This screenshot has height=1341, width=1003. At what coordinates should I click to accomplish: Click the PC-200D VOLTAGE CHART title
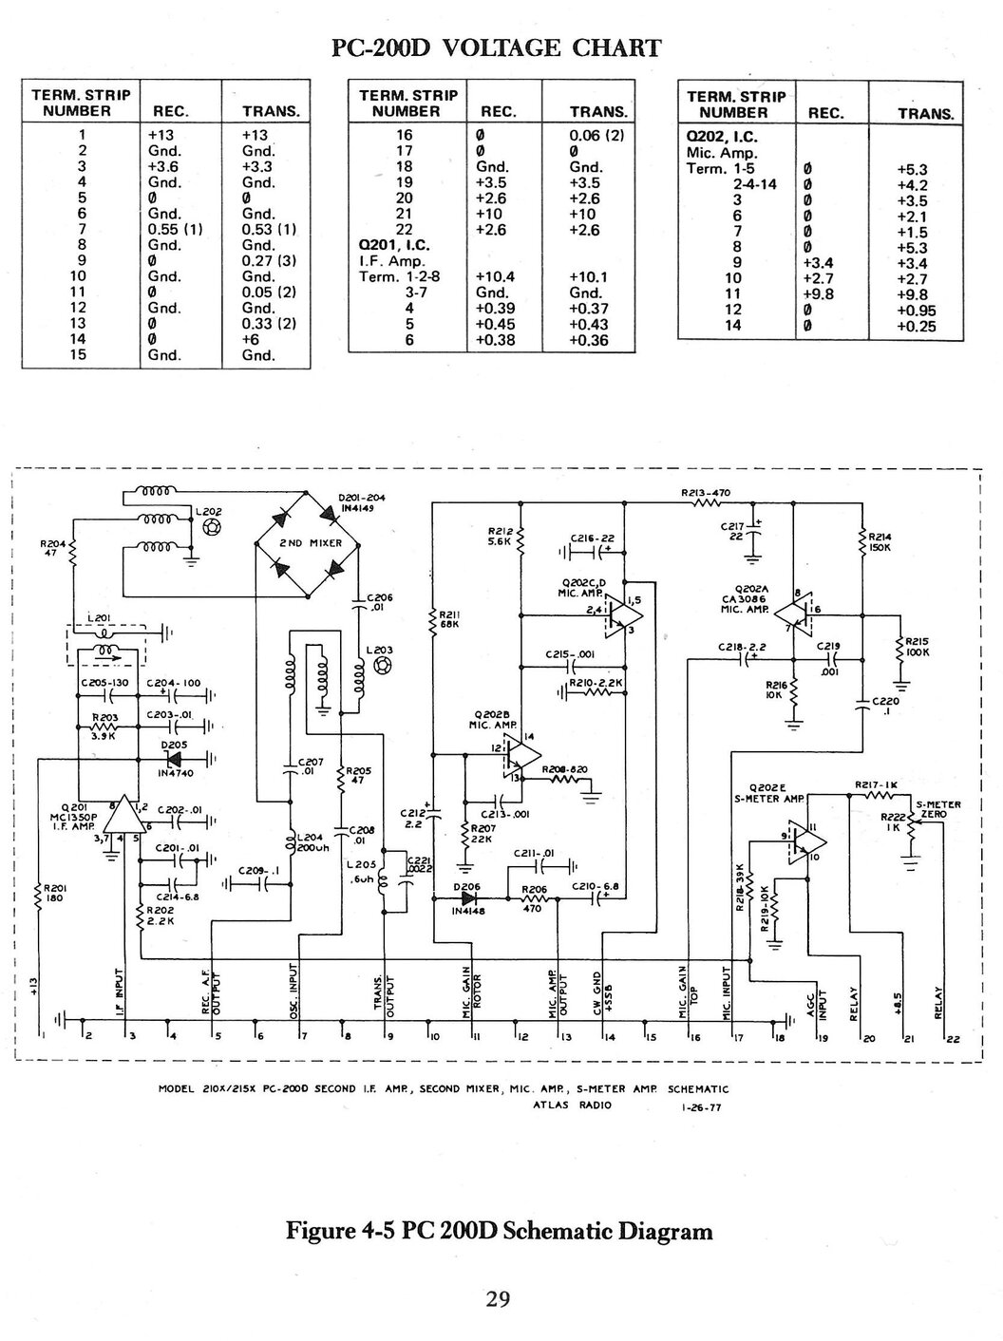(x=495, y=48)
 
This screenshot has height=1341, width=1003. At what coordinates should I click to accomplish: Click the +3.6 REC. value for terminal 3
(x=162, y=166)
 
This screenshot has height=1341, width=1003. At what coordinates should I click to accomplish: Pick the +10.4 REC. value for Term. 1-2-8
(x=495, y=277)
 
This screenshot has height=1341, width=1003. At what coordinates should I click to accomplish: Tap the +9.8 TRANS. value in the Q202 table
(x=916, y=294)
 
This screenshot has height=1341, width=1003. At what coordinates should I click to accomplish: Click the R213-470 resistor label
(x=706, y=493)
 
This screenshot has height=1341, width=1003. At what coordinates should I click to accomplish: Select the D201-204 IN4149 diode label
(x=361, y=501)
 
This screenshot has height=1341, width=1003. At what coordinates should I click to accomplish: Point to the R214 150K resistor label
(x=880, y=541)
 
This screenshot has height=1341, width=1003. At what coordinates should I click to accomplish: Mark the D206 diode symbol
(x=467, y=898)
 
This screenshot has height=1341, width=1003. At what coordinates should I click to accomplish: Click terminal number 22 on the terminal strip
(x=953, y=1039)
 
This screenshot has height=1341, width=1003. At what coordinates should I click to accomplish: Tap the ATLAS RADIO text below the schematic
(x=573, y=1105)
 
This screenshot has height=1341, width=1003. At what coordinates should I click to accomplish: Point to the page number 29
(x=499, y=1298)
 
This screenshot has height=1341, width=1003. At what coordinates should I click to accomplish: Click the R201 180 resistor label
(x=53, y=893)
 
